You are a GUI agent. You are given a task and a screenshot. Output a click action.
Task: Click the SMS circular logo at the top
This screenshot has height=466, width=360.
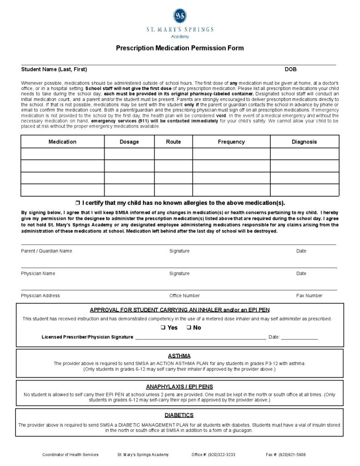click(x=180, y=16)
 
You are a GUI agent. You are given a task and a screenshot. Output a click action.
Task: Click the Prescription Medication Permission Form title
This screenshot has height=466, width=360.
click(x=180, y=48)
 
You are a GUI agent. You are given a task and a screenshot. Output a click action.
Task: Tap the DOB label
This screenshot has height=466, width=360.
click(x=290, y=70)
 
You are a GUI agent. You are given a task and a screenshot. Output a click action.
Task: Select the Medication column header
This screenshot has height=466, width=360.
click(x=62, y=142)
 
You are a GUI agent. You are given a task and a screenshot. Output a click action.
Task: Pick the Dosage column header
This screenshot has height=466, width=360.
click(x=129, y=142)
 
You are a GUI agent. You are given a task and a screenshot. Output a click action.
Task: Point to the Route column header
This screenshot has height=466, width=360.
click(x=173, y=142)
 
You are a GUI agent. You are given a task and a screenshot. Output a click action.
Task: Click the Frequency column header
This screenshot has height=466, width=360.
click(x=231, y=142)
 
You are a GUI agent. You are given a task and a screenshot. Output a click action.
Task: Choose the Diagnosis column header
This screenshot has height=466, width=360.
click(x=304, y=142)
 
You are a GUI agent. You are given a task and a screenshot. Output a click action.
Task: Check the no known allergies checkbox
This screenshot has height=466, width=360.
click(x=77, y=203)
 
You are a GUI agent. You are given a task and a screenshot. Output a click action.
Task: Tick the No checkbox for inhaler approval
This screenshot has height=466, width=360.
click(x=188, y=328)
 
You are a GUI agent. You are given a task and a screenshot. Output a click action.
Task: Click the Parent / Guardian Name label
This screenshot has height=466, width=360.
click(x=46, y=251)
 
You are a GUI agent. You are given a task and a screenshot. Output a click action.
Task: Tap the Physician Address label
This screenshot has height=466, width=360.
click(x=41, y=296)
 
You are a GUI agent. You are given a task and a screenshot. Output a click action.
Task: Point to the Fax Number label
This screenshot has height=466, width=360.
click(x=309, y=296)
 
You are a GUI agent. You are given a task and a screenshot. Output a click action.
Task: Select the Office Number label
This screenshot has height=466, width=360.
click(x=184, y=296)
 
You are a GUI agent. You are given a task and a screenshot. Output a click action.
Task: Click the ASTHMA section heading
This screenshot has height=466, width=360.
click(x=179, y=356)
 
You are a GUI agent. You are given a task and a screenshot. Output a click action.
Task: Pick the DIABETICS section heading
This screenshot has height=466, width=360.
click(x=179, y=415)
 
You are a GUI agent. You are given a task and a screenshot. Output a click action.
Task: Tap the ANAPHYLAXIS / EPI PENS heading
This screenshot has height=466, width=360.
click(x=179, y=387)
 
